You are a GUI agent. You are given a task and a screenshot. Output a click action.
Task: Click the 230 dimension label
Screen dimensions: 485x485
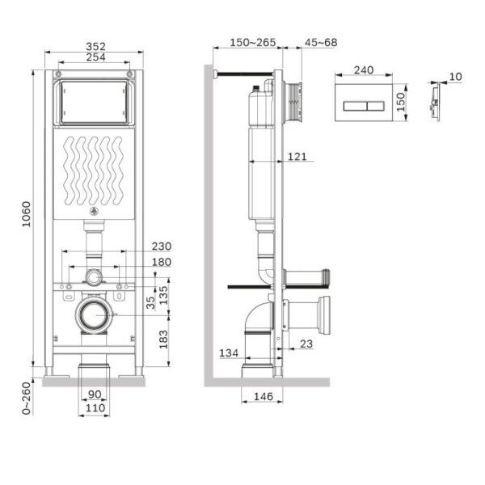(x=162, y=246)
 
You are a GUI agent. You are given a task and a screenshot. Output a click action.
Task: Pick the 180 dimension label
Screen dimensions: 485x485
(x=162, y=262)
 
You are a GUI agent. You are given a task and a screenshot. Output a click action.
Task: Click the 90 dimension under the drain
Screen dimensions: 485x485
(x=95, y=395)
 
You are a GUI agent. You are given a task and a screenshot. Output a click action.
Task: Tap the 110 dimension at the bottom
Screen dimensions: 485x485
(x=95, y=410)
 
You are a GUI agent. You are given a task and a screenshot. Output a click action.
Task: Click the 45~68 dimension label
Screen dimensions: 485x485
(x=321, y=42)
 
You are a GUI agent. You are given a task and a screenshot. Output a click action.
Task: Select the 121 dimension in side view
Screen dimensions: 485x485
(x=297, y=157)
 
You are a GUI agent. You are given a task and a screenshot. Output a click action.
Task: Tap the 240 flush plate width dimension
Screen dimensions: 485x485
(x=364, y=70)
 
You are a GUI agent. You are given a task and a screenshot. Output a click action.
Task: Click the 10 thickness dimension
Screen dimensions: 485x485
(x=456, y=76)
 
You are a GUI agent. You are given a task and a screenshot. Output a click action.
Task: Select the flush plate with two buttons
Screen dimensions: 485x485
(x=364, y=103)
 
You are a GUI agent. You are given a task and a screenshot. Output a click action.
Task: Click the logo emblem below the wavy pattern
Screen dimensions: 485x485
(x=95, y=213)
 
